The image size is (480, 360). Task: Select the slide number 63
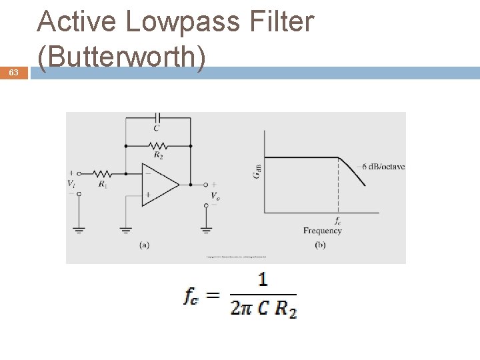[14, 73]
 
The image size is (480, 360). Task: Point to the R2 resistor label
[158, 155]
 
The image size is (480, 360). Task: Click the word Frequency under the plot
[322, 231]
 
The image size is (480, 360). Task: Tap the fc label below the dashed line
[338, 221]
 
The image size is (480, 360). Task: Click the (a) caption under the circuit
[144, 245]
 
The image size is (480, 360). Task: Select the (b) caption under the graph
[320, 245]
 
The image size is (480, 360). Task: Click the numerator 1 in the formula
[263, 279]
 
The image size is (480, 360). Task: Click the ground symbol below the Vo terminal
[206, 229]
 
